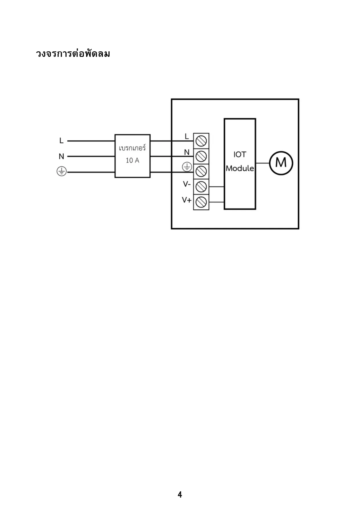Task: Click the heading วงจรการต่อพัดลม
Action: pyautogui.click(x=73, y=54)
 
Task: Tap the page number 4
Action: pyautogui.click(x=180, y=494)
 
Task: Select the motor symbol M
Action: pyautogui.click(x=281, y=163)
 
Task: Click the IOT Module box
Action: pyautogui.click(x=240, y=164)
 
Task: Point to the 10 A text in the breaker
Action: pyautogui.click(x=132, y=160)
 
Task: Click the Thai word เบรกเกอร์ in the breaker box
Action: pyautogui.click(x=132, y=148)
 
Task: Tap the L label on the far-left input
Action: pyautogui.click(x=61, y=141)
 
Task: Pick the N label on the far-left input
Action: pyautogui.click(x=61, y=157)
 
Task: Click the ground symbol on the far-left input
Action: pyautogui.click(x=61, y=172)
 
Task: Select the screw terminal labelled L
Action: pyautogui.click(x=201, y=141)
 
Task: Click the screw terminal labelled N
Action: pyautogui.click(x=201, y=156)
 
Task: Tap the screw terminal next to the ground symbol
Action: pyautogui.click(x=201, y=171)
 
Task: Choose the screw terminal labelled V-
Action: pyautogui.click(x=201, y=186)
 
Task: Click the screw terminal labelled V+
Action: pyautogui.click(x=201, y=201)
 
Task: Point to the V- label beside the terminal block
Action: pyautogui.click(x=187, y=184)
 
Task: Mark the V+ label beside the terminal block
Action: pyautogui.click(x=187, y=200)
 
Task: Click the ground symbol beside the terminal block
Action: pyautogui.click(x=187, y=167)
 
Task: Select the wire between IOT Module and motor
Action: pyautogui.click(x=263, y=163)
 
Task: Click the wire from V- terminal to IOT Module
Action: pyautogui.click(x=216, y=187)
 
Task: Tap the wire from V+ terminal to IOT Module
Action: pyautogui.click(x=216, y=202)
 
